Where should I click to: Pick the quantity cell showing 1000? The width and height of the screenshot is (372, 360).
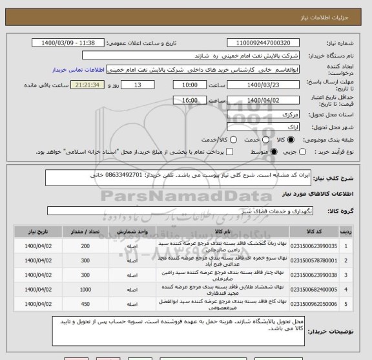[x=85, y=291]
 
